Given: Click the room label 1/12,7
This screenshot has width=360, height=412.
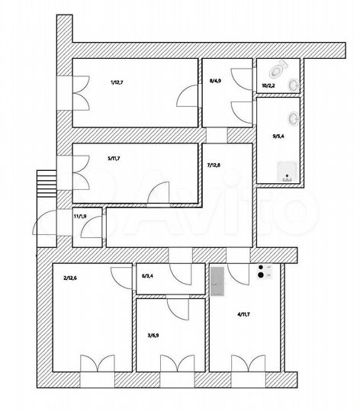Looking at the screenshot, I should click(x=117, y=82).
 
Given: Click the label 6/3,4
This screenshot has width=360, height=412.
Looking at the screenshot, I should click(x=147, y=276).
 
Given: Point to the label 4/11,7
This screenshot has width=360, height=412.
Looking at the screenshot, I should click(x=244, y=314).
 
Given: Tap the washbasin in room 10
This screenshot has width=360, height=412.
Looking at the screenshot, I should click(x=294, y=84).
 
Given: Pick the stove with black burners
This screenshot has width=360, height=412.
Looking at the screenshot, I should click(x=265, y=273).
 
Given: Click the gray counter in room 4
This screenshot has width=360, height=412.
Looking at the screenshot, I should click(x=217, y=282).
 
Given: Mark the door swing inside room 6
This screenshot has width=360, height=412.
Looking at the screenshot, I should click(x=180, y=275).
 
